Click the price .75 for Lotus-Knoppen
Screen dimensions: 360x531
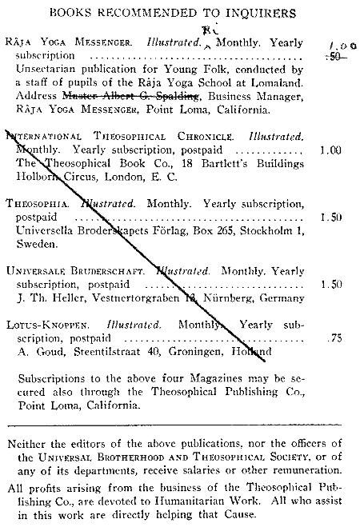coord(334,338)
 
